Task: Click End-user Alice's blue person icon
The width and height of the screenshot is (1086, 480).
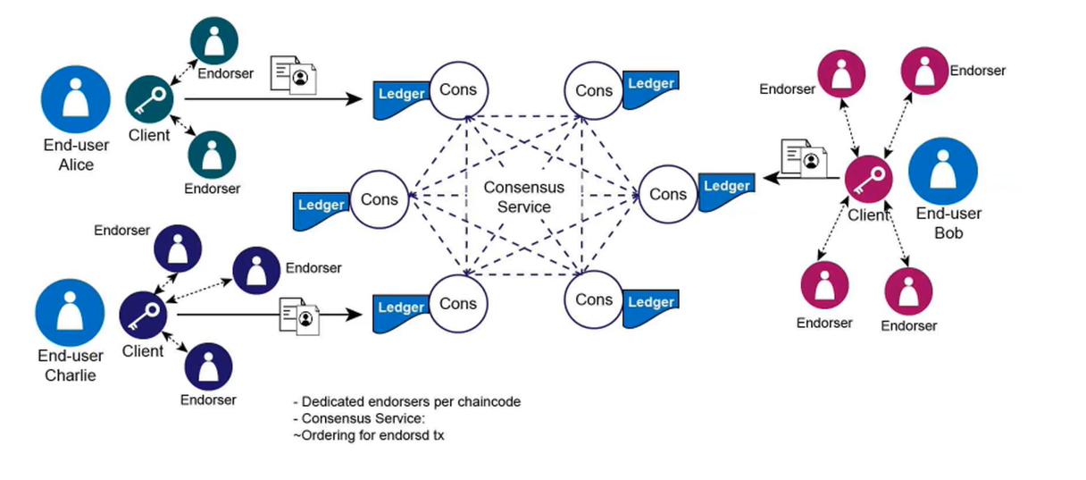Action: [x=76, y=98]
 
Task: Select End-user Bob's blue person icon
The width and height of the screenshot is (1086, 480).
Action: [x=943, y=171]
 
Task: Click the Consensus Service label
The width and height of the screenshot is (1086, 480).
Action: [x=523, y=198]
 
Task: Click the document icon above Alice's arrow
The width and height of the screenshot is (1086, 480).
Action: [x=294, y=74]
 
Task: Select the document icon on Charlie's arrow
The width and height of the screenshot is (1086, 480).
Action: [x=299, y=316]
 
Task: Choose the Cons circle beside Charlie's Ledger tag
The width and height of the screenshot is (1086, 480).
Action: [x=458, y=305]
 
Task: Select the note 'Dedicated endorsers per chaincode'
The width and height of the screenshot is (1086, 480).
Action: [x=406, y=402]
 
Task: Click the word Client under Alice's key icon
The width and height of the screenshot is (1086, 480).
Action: [x=148, y=136]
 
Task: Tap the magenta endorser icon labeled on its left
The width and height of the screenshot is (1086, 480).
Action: [x=842, y=76]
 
